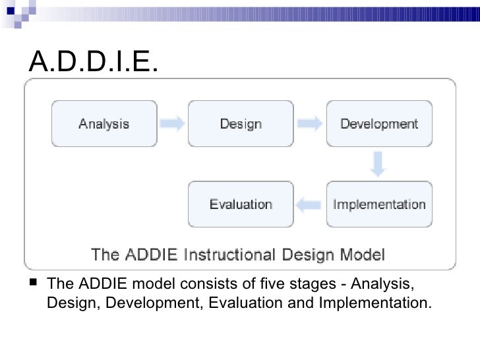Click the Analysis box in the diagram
tap(104, 123)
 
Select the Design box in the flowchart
tap(241, 123)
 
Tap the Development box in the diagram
tap(379, 123)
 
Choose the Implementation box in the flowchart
tap(379, 204)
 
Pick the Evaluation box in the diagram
tap(241, 204)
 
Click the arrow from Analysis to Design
tap(173, 123)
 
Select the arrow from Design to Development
tap(310, 123)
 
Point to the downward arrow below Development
tap(377, 164)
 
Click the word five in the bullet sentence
tap(282, 285)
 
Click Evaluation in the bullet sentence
tap(258, 303)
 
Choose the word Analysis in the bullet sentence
tap(383, 285)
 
